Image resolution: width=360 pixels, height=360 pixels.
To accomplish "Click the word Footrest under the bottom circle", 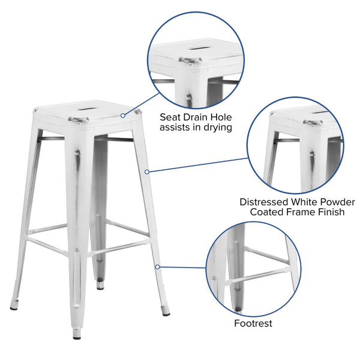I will point(253,323).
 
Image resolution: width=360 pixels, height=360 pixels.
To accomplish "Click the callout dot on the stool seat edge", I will point(139,115).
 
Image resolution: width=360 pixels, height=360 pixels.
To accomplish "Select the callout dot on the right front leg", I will point(147,172).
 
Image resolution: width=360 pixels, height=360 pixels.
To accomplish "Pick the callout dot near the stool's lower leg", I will point(157,266).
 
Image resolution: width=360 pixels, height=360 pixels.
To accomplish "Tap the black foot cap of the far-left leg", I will point(13,307).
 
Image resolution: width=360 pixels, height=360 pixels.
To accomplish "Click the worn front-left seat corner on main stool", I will point(79,120).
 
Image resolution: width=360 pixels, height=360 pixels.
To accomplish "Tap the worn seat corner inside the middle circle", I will point(312,123).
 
